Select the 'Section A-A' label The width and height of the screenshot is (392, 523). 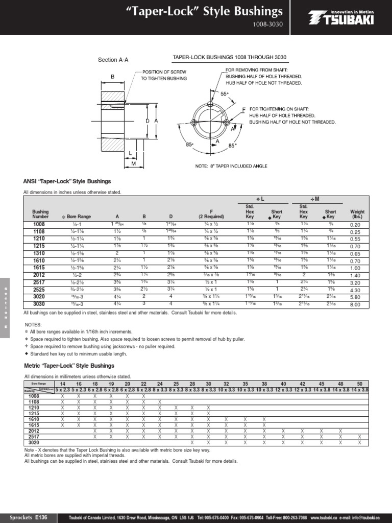(x=113, y=60)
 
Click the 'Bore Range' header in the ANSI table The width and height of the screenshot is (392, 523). (x=77, y=217)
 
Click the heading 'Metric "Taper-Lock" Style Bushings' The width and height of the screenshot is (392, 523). (x=69, y=366)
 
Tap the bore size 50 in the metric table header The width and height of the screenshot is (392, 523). (x=359, y=384)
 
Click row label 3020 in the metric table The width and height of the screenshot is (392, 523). (x=34, y=443)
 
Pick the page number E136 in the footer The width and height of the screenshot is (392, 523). (x=41, y=517)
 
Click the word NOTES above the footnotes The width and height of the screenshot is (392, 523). (x=33, y=324)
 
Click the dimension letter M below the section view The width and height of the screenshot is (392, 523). (x=133, y=164)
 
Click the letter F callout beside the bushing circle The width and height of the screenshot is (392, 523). (x=243, y=110)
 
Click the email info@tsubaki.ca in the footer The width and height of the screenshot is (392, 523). (x=365, y=518)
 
